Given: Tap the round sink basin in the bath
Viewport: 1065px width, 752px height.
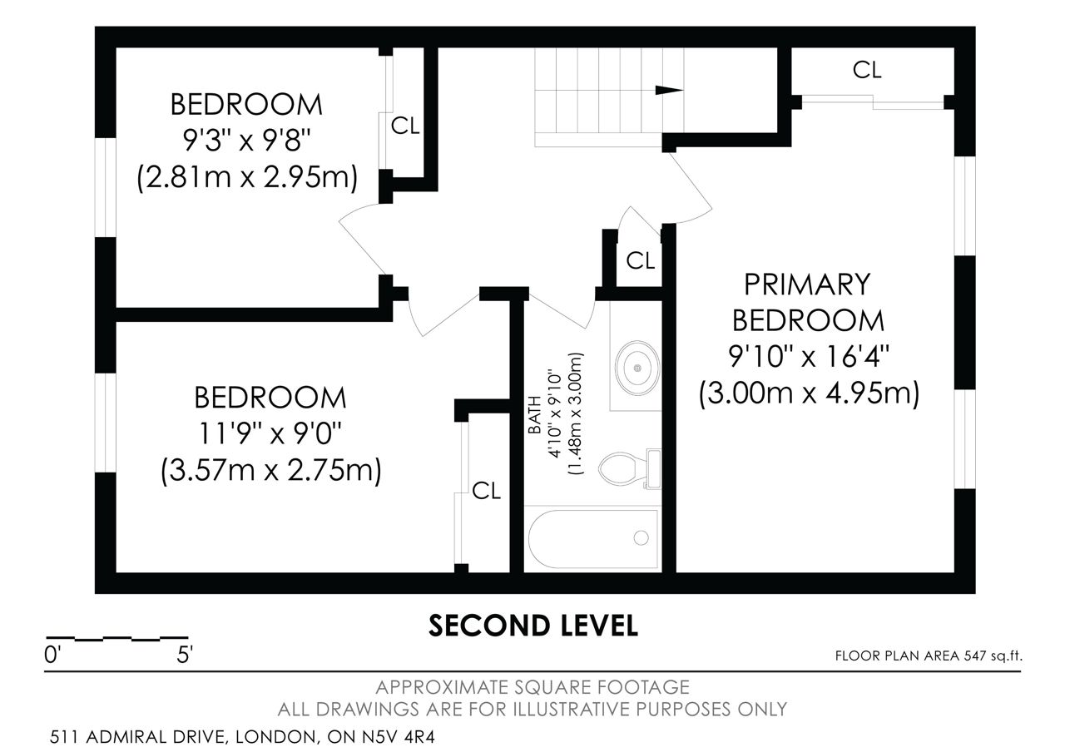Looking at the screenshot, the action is tap(637, 368).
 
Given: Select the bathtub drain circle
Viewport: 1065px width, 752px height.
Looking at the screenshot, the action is tap(641, 537).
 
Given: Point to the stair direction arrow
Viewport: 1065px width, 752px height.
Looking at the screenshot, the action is tap(669, 90).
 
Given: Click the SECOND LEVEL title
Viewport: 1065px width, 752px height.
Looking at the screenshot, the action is tap(533, 626).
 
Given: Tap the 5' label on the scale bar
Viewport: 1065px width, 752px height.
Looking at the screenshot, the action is tap(185, 655).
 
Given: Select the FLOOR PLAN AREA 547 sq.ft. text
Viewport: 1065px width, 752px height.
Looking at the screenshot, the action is tap(929, 656).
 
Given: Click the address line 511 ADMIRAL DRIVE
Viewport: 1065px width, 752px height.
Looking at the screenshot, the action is tap(242, 737).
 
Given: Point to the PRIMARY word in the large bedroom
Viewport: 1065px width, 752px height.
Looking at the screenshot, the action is tap(807, 284).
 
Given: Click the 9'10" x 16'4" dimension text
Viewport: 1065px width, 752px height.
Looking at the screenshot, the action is tap(809, 357).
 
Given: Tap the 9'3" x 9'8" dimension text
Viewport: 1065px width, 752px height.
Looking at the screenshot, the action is tap(246, 141).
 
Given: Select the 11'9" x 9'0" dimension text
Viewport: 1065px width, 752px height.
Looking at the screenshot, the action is tap(270, 433).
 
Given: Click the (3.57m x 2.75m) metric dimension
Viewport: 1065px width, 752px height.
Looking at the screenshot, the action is tap(271, 470).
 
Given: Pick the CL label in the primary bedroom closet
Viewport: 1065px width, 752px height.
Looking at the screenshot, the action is tap(867, 70).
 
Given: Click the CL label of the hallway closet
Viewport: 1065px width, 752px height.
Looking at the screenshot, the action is tap(640, 260).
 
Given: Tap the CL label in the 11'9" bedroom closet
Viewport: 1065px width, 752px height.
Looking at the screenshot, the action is tap(486, 491).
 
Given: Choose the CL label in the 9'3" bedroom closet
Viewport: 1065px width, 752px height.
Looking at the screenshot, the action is tap(405, 126).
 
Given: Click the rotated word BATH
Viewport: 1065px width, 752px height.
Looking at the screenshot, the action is tap(535, 415).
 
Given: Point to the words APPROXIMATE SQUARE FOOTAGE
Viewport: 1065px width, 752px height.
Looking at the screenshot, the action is tap(532, 687).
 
